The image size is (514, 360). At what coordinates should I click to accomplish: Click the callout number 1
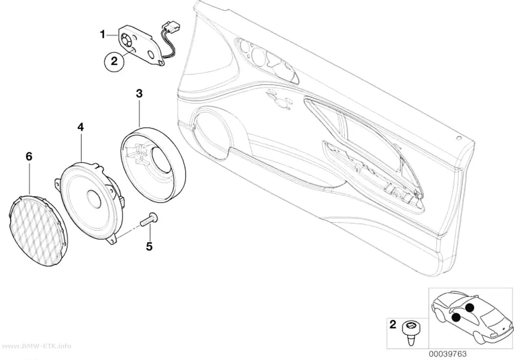point(103,34)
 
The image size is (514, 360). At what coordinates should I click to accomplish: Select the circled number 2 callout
point(114,61)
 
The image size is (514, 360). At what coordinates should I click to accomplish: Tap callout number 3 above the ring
point(140,94)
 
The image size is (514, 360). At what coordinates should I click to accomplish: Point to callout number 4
point(80,126)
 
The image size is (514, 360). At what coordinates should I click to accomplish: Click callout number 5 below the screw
point(149,246)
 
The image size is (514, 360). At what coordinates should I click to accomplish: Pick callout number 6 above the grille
point(29,157)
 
